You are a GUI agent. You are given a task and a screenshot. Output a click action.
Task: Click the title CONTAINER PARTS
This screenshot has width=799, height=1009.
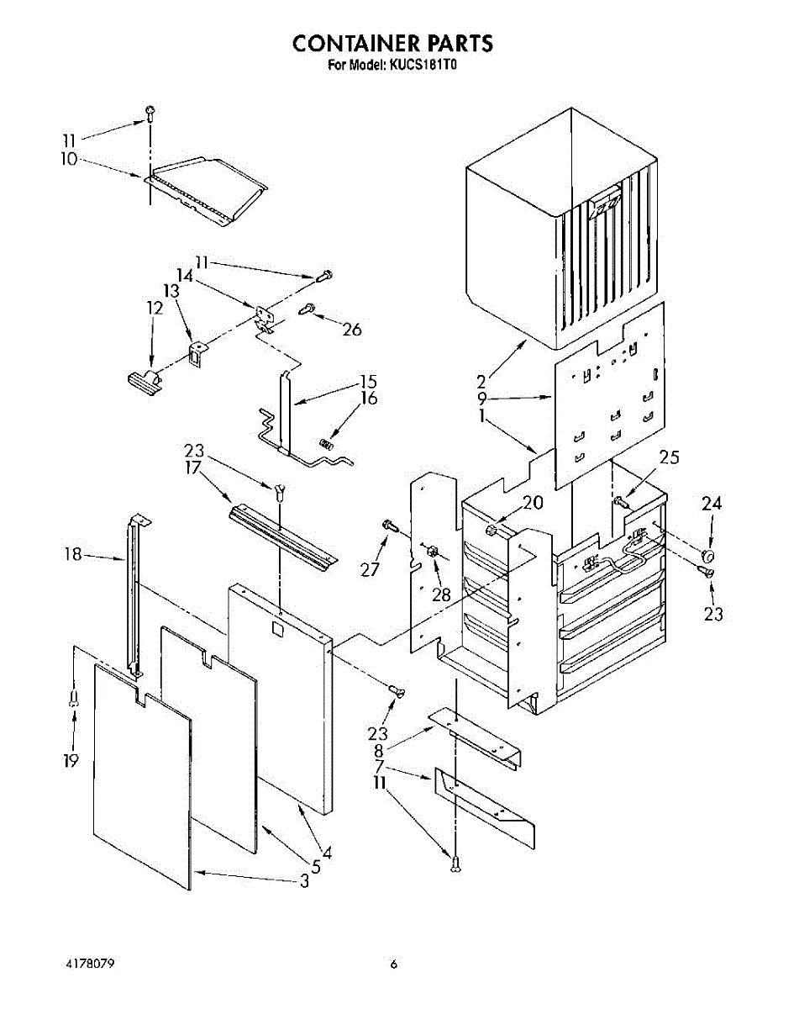392,44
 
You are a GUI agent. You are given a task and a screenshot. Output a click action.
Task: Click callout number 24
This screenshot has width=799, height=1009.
712,504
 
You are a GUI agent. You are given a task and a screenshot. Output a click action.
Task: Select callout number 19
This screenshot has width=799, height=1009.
71,761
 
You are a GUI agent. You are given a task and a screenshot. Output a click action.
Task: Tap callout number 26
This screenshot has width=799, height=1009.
352,330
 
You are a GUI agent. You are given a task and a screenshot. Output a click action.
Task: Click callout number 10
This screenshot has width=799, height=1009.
69,159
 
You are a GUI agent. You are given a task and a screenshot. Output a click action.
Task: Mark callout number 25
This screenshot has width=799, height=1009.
669,458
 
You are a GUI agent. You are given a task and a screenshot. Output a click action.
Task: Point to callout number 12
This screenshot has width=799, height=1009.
154,309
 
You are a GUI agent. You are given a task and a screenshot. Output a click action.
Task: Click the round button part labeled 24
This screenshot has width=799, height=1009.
708,556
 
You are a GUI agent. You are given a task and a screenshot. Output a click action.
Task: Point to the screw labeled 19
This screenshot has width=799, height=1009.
75,696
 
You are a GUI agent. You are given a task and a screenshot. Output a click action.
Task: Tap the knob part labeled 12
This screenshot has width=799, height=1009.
143,383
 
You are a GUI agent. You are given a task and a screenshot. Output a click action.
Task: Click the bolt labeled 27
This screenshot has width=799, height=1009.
390,526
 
